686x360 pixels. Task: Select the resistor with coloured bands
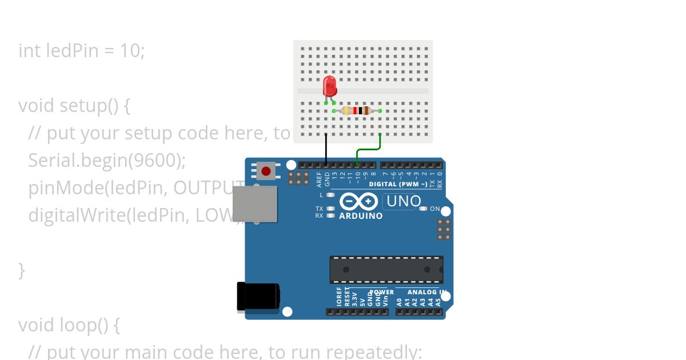(x=357, y=110)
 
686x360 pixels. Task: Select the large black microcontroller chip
(x=386, y=270)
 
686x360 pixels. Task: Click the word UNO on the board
(x=404, y=201)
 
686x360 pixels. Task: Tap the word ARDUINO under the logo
(x=361, y=216)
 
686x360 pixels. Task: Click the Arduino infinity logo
(x=358, y=202)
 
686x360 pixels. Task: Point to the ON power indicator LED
(x=423, y=209)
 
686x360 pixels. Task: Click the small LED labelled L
(x=330, y=195)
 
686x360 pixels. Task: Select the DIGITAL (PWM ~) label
(x=398, y=184)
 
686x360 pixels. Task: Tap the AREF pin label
(x=320, y=179)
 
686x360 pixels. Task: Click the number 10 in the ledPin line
(x=130, y=50)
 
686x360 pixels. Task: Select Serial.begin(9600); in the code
(x=107, y=160)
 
